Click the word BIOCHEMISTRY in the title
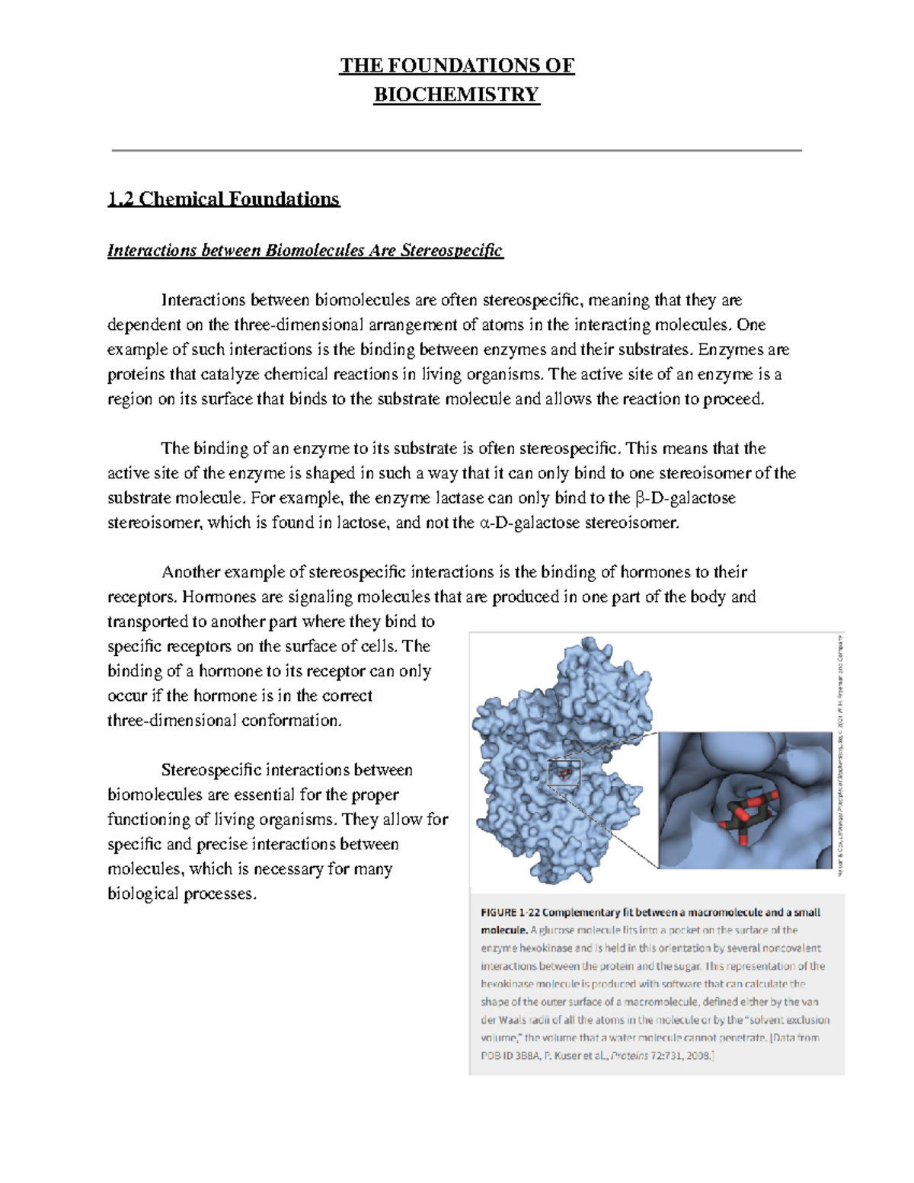click(456, 94)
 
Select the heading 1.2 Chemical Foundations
click(223, 199)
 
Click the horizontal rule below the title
click(456, 151)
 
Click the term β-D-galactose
click(685, 498)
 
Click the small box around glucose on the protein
click(564, 774)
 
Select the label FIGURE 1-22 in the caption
click(509, 913)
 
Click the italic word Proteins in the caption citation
click(629, 1056)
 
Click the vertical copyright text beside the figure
click(839, 754)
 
